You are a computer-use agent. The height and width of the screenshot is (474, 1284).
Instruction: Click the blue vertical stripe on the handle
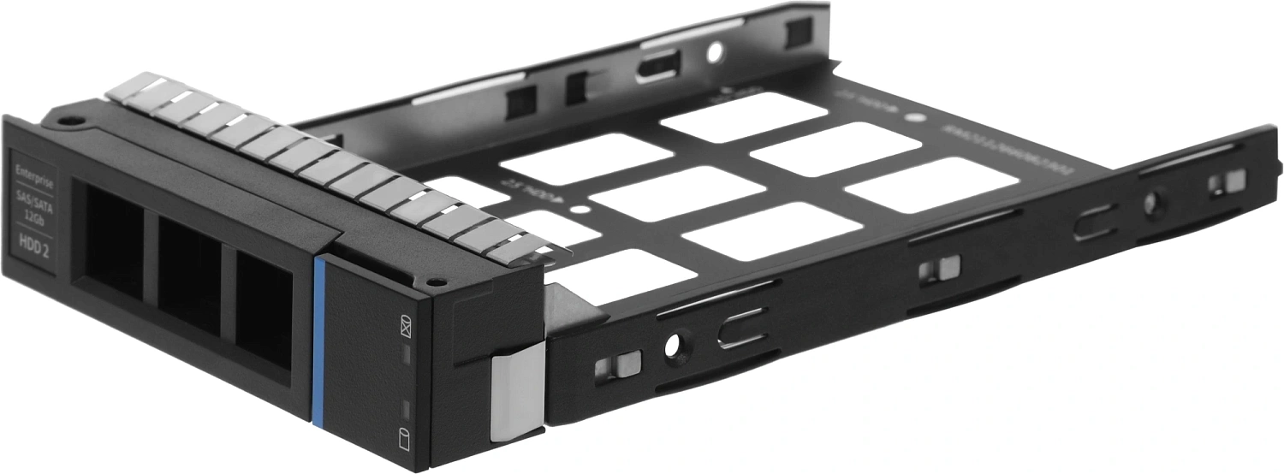tap(320, 342)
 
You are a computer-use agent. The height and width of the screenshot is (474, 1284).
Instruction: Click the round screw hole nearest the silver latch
tap(671, 345)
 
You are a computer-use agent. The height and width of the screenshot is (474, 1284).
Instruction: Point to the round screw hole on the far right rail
tap(1151, 204)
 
